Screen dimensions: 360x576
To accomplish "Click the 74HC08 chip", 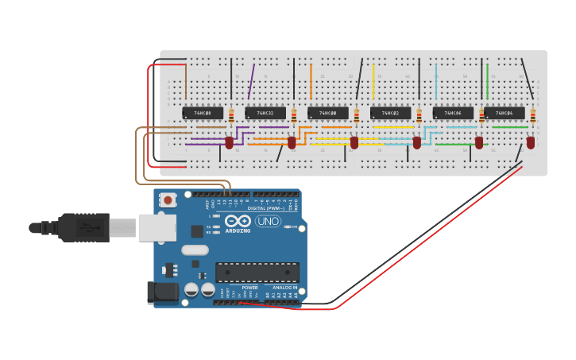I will pos(203,114).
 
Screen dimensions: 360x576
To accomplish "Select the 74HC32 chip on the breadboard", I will pos(265,114).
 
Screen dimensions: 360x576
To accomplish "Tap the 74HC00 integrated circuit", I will pos(328,114).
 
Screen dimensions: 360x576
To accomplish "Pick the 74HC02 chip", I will pos(390,114).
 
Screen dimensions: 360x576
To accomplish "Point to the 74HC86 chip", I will pos(453,114).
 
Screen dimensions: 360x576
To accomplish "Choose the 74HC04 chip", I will pos(504,114).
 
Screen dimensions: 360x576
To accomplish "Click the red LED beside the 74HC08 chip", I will pos(230,143).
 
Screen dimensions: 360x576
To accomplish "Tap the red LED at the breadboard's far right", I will pos(531,143).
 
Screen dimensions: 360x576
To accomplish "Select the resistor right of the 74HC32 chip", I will pos(294,116).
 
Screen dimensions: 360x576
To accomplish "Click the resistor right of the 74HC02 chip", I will pos(419,116).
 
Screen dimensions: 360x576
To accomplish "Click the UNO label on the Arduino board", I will pos(268,222).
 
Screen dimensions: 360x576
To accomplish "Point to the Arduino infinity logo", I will pos(238,221).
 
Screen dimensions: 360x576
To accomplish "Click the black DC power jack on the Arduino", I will pos(163,292).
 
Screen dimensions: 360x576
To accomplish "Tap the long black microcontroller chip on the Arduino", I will pos(257,273).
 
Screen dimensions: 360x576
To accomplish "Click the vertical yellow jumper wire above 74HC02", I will pos(373,82).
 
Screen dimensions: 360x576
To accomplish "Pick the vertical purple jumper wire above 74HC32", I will pos(251,82).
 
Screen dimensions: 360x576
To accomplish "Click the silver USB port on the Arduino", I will pos(157,227).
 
